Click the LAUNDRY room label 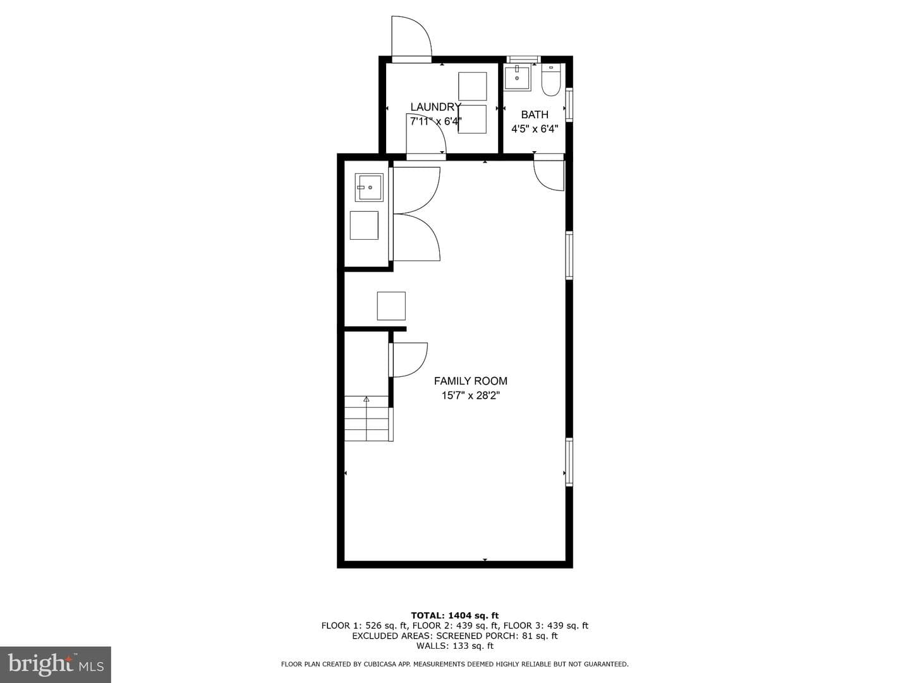click(x=435, y=107)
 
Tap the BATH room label click(x=535, y=114)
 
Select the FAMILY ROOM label click(x=471, y=381)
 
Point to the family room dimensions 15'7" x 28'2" click(x=471, y=396)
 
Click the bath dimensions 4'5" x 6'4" click(x=535, y=129)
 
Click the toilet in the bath click(x=551, y=80)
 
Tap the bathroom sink click(x=517, y=78)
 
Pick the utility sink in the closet click(x=369, y=187)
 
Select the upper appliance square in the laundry click(x=472, y=86)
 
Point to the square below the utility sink click(x=364, y=225)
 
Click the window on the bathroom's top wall click(x=523, y=59)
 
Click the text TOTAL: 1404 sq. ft click(x=455, y=615)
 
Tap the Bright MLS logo click(x=56, y=664)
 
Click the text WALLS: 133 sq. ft click(x=455, y=646)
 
